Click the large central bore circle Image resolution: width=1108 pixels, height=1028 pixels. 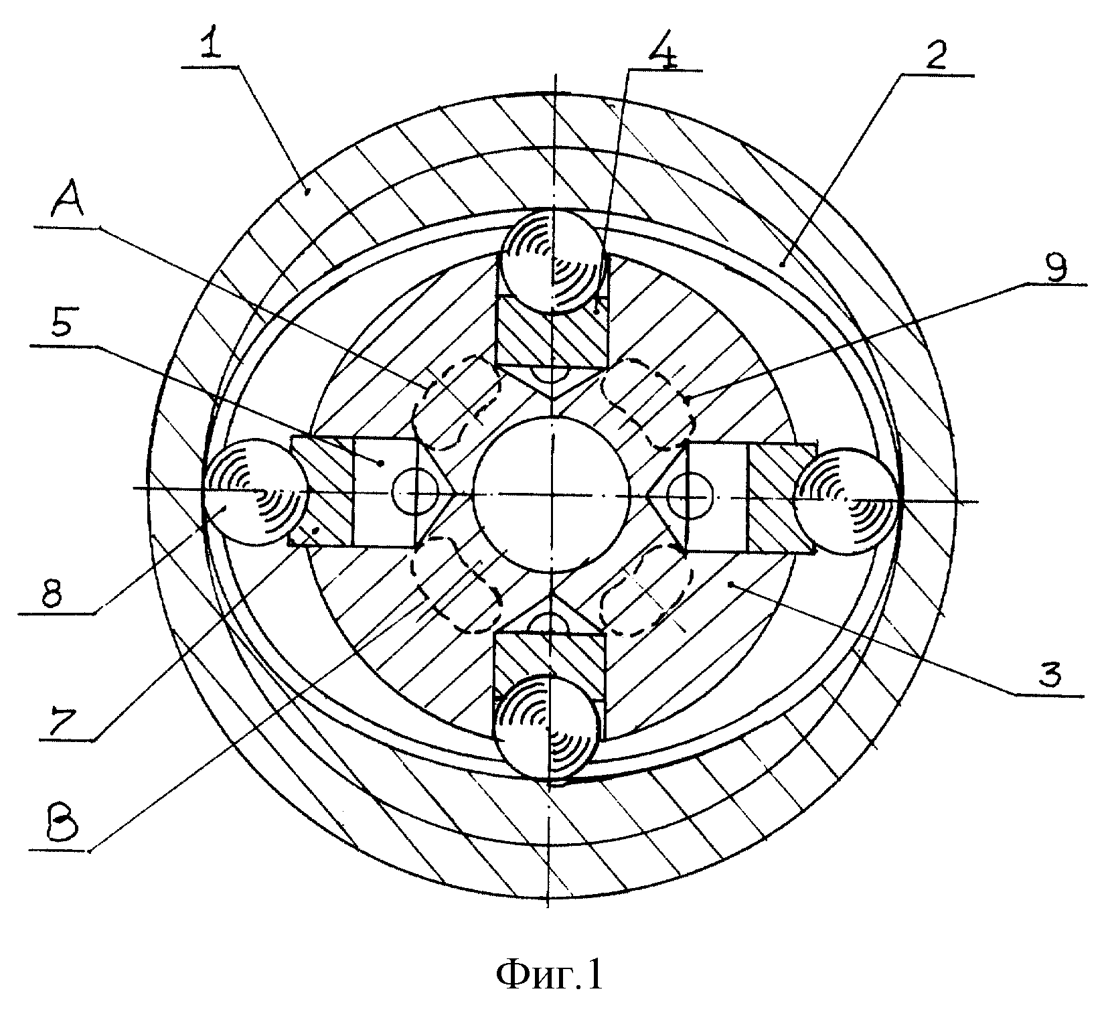click(552, 494)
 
